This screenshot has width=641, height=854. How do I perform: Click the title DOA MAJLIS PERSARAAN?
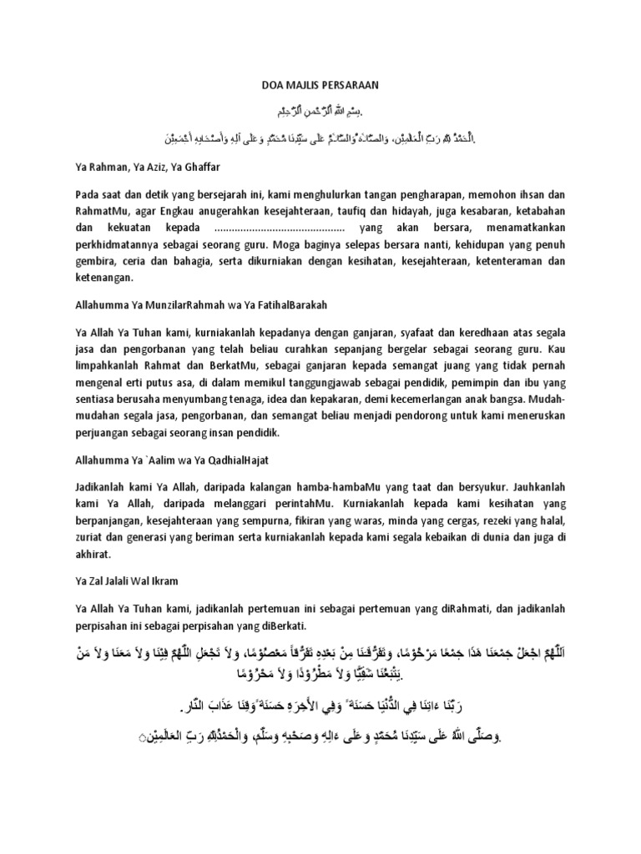(320, 85)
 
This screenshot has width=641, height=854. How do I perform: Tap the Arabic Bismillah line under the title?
(320, 111)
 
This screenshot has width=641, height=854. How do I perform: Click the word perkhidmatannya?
(114, 243)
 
